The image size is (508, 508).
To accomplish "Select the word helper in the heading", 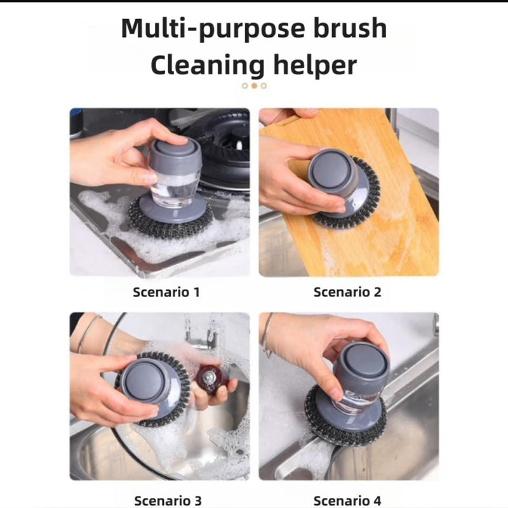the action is tap(315, 66).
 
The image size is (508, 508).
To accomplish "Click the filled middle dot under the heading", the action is tap(255, 86).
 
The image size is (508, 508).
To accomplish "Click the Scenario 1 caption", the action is tap(166, 292).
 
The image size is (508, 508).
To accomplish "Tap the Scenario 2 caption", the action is tap(347, 292).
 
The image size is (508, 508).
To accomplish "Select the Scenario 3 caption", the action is tap(168, 500).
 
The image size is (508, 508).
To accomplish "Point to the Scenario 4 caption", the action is tap(347, 500).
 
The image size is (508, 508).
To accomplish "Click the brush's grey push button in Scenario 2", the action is tap(329, 170).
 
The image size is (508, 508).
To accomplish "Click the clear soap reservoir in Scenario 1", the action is tap(175, 189).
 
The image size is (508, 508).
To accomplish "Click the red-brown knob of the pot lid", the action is tap(213, 379).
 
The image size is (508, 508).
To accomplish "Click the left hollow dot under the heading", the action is tap(245, 86).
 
